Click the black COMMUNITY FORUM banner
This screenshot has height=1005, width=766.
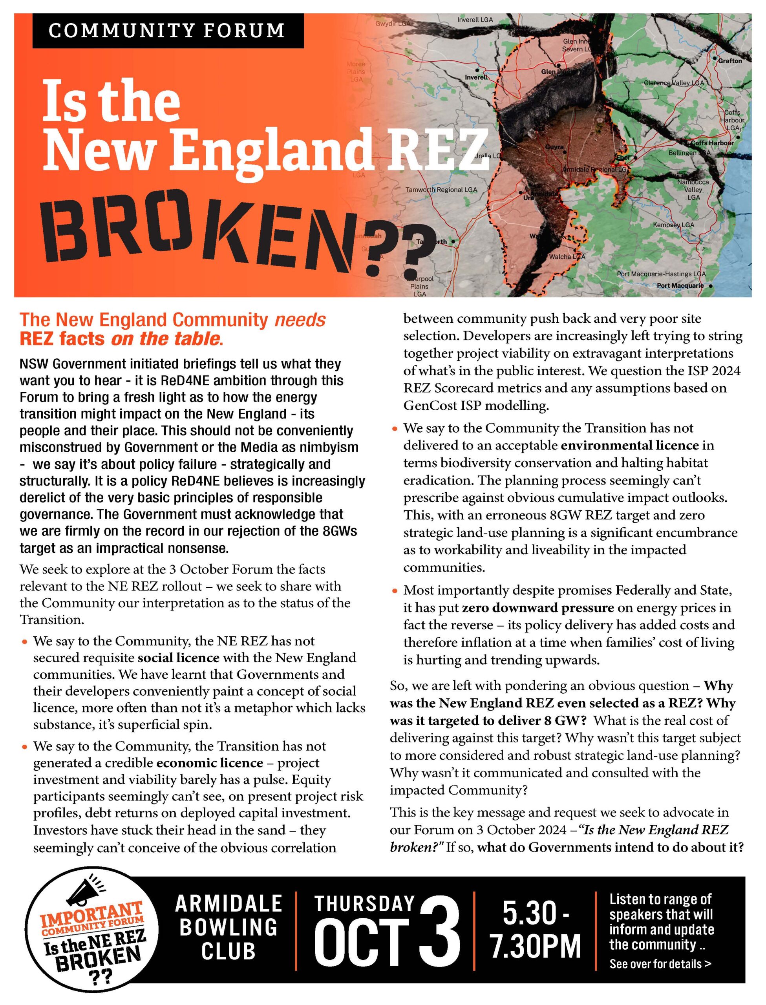point(167,31)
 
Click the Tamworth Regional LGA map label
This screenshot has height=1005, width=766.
point(441,190)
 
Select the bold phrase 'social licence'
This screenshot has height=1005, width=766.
point(178,658)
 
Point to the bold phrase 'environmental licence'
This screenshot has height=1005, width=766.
point(630,445)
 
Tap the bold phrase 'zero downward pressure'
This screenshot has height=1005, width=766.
point(538,608)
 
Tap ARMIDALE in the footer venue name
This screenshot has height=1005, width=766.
point(229,903)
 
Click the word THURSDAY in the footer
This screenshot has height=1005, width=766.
point(364,903)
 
